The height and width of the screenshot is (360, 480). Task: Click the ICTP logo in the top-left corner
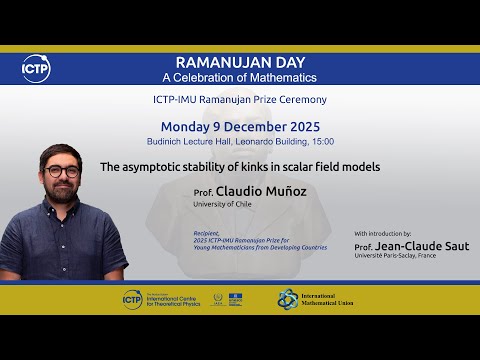36,68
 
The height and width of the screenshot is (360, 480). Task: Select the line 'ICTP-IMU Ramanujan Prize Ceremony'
239,100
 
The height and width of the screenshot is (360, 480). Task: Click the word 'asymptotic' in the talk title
156,167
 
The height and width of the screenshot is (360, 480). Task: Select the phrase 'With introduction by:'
383,233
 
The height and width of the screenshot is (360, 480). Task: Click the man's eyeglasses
62,170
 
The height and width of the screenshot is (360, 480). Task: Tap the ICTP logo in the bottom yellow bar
131,298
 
